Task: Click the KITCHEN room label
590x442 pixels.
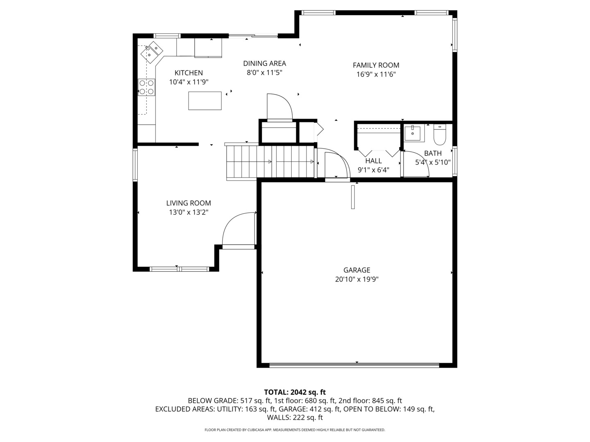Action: coord(188,73)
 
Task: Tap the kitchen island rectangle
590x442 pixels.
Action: coord(205,101)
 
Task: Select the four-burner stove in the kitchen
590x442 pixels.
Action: coord(147,87)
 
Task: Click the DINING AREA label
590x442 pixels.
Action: coord(264,63)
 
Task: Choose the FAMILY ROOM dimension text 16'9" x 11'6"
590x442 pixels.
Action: coord(376,74)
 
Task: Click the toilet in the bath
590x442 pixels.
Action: coord(440,135)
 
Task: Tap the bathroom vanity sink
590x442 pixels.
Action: coord(412,133)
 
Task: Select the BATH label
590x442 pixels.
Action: coord(433,153)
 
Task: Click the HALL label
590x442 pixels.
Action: coord(373,161)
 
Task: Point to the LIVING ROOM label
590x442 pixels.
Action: coord(188,203)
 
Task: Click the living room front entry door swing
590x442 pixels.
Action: coord(238,230)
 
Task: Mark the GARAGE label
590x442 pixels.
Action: coord(356,270)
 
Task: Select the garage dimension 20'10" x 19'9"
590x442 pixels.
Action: coord(356,280)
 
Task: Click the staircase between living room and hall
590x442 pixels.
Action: coord(270,162)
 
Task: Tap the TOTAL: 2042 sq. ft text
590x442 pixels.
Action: coord(295,392)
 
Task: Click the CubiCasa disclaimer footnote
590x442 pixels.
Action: coord(295,430)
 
